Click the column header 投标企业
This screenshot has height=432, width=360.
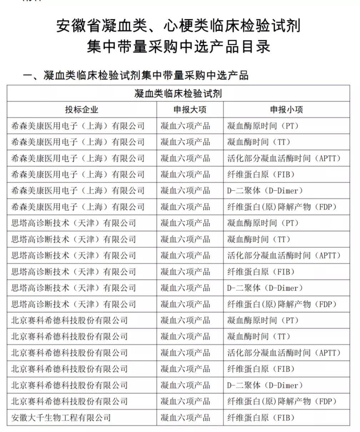81,110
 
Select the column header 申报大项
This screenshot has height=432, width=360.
190,110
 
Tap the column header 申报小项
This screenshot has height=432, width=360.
286,110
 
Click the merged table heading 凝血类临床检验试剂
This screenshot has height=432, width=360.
178,94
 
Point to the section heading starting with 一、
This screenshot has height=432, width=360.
135,75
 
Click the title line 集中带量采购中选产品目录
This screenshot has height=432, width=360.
178,46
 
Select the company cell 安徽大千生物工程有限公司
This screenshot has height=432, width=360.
61,417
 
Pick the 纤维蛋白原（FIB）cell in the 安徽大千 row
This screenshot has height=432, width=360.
261,417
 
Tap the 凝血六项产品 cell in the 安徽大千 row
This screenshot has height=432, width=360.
185,417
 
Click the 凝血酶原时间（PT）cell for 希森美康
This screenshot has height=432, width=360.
263,126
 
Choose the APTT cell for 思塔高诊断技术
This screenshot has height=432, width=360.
284,255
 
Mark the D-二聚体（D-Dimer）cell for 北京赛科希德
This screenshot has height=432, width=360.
265,385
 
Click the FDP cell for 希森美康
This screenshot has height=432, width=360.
282,207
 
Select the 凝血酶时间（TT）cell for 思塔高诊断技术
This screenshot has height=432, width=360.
259,239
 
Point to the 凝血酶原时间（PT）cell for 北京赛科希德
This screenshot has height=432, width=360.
263,320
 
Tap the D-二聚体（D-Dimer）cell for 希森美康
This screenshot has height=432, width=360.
265,191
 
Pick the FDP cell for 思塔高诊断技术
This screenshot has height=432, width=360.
282,304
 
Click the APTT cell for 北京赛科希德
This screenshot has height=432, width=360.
284,353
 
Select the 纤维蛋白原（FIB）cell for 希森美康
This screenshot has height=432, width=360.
261,174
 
